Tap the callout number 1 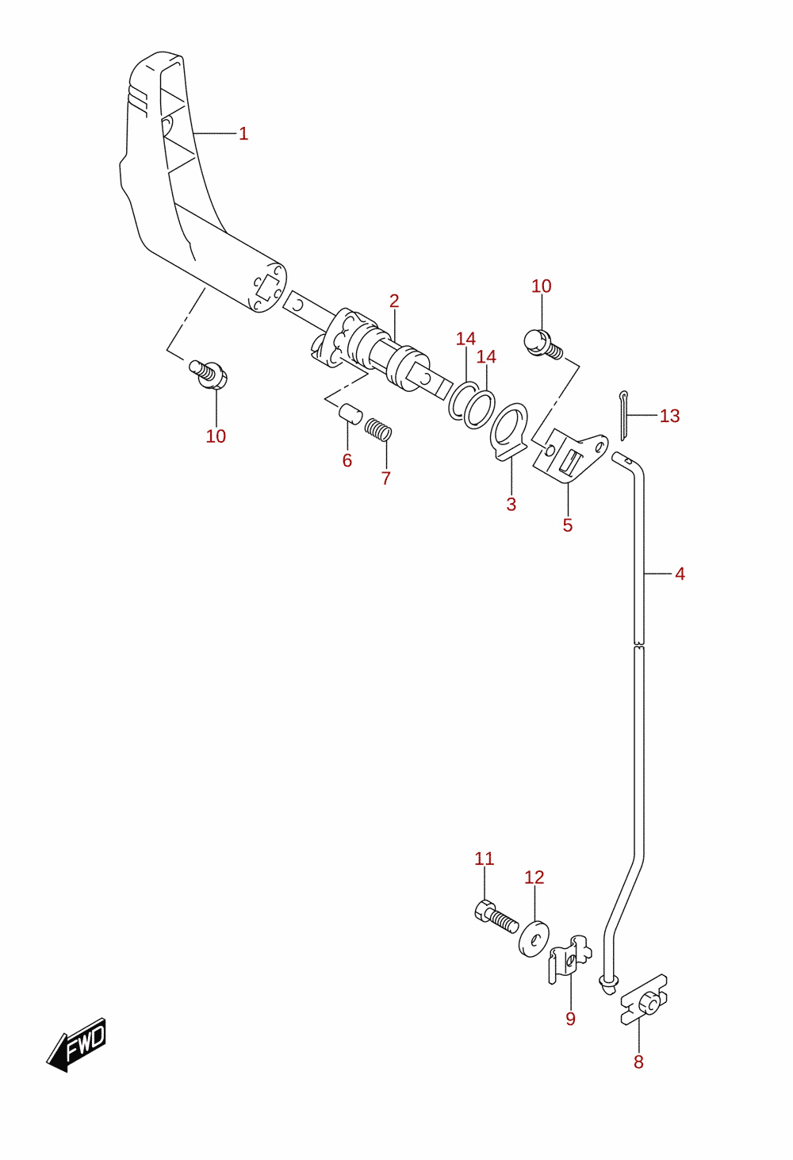tap(243, 133)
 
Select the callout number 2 tap(394, 301)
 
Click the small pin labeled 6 tap(351, 414)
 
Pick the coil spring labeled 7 tap(378, 430)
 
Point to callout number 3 tap(511, 504)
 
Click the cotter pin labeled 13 tap(624, 416)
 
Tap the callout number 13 tap(670, 415)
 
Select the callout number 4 tap(680, 574)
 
